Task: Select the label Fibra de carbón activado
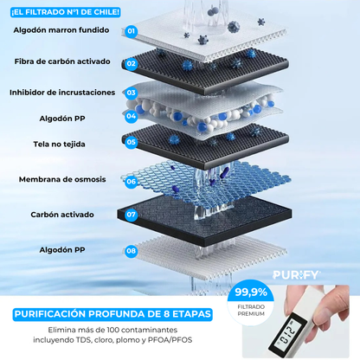[62, 62]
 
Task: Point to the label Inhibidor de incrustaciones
[62, 93]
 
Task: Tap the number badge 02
[131, 63]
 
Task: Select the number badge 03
[132, 93]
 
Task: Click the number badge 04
[131, 116]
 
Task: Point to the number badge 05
[131, 142]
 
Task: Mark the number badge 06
[131, 182]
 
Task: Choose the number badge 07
[131, 214]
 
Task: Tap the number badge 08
[131, 251]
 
